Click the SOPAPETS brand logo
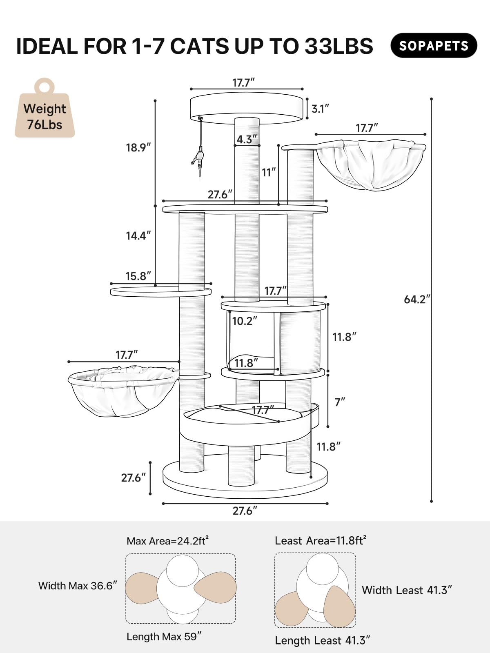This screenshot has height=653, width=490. click(434, 45)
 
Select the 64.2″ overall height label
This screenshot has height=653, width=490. click(417, 299)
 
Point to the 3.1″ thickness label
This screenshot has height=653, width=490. click(320, 109)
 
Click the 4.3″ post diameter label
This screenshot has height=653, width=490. click(247, 139)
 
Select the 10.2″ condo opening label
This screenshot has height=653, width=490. click(245, 321)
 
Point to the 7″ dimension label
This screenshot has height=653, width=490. click(340, 402)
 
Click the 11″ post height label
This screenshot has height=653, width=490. click(269, 172)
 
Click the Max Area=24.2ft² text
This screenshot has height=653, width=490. click(167, 541)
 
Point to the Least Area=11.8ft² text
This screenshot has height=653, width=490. click(320, 541)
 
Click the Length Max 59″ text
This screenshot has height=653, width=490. click(164, 637)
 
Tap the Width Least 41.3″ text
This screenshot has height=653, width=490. click(407, 590)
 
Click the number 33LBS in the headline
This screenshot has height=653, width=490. click(339, 46)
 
